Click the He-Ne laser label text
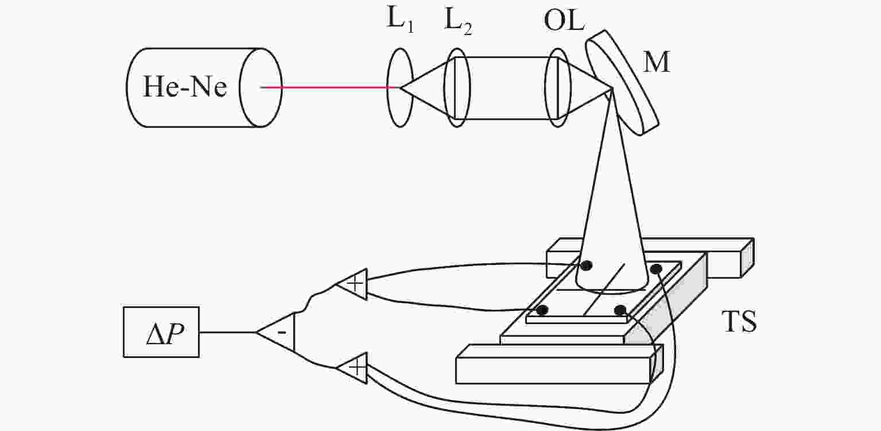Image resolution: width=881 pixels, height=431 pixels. (185, 87)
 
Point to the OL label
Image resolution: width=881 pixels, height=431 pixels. (564, 20)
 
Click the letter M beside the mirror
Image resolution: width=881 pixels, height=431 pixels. (656, 62)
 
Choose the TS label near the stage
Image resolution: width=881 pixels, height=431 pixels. (739, 321)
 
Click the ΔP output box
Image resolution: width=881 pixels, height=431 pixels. (161, 332)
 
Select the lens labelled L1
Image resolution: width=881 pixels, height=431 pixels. (400, 87)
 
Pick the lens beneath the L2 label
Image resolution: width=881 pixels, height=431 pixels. (457, 87)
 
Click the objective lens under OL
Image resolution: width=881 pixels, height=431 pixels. (558, 87)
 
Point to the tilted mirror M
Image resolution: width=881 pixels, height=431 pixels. (622, 83)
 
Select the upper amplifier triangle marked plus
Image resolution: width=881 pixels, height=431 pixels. (351, 284)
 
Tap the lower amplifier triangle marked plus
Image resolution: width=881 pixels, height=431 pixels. (351, 368)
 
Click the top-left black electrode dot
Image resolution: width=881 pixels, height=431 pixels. (586, 265)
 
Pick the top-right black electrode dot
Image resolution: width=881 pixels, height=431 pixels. (655, 269)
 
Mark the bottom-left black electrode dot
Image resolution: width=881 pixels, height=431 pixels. (542, 310)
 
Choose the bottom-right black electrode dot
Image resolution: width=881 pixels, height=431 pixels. (620, 310)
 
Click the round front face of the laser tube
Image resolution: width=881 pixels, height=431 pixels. (261, 87)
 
